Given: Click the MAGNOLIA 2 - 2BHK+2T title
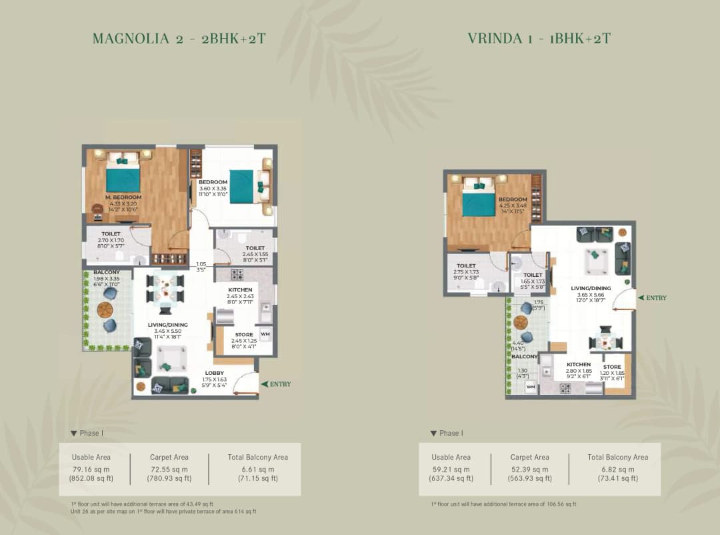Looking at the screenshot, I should [x=179, y=39].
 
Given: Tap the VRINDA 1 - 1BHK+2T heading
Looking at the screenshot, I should [x=539, y=39].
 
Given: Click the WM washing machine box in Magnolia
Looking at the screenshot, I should [x=265, y=334].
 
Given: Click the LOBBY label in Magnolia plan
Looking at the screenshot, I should [x=214, y=373].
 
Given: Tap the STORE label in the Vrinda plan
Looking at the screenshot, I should [x=612, y=367].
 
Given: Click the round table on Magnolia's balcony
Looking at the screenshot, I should [x=105, y=309].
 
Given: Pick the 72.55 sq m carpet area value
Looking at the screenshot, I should [x=169, y=469].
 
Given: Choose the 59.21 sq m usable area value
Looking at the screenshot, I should [x=451, y=469].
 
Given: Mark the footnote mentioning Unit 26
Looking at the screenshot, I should [x=163, y=512].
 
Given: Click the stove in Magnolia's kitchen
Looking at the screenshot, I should [x=238, y=274].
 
